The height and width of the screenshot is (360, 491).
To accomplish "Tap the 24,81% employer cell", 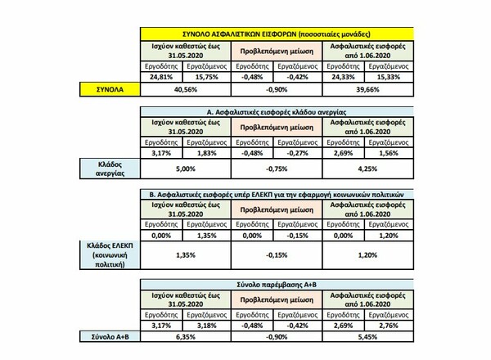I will (164, 76).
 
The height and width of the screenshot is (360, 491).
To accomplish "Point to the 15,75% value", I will (209, 76).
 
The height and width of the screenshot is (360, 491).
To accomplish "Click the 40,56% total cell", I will (186, 88).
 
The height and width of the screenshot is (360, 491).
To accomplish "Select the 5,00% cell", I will (186, 171).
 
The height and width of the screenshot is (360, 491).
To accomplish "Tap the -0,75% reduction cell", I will (277, 171).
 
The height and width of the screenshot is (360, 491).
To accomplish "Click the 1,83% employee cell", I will (209, 153).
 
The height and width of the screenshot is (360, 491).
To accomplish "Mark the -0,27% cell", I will (300, 153).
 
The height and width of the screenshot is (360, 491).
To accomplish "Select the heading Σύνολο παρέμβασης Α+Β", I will (278, 282).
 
